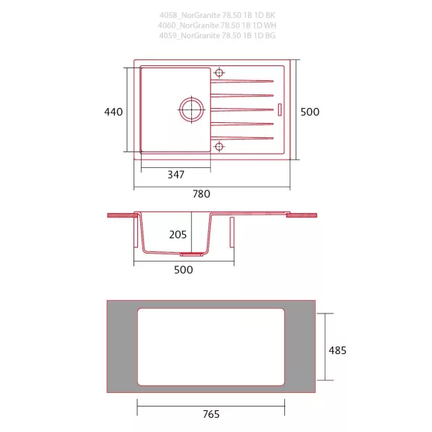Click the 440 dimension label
[113, 112]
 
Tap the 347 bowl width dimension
[175, 175]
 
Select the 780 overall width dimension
[202, 194]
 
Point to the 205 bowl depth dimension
[178, 235]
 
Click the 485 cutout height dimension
[337, 350]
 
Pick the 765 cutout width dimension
[211, 414]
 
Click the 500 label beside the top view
[310, 112]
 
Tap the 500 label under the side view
[184, 270]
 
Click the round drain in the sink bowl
[192, 109]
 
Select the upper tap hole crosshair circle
[219, 73]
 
